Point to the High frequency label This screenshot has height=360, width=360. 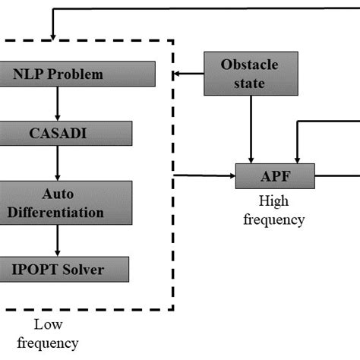point(280,212)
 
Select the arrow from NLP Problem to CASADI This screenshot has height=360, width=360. point(58,103)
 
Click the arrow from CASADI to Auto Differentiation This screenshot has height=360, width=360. point(58,163)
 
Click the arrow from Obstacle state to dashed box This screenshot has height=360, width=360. point(189,74)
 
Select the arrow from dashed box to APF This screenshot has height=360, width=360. point(205,176)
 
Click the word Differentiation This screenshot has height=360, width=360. point(58,212)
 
